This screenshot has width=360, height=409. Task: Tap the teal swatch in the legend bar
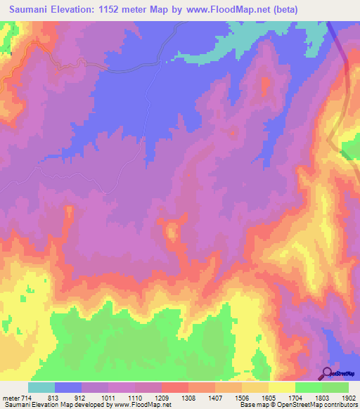(41, 387)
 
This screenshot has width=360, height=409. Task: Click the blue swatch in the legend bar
(68, 387)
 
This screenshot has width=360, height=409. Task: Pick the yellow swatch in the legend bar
(282, 387)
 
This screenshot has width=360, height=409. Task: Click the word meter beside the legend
(8, 397)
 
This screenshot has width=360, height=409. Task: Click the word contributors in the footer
(340, 405)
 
